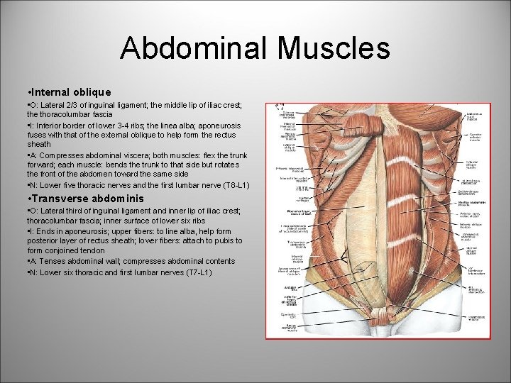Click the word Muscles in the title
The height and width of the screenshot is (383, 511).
tap(334, 48)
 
